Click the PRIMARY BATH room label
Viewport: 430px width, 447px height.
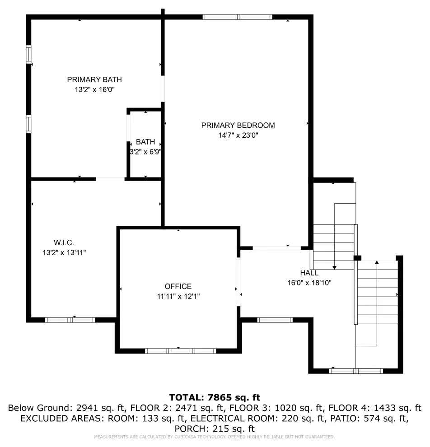[94, 79]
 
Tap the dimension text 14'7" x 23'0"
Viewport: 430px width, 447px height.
[238, 135]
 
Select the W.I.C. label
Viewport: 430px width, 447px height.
[64, 242]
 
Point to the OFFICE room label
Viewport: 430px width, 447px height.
[178, 286]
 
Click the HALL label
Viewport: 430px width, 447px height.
[309, 273]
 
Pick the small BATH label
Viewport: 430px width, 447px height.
[145, 142]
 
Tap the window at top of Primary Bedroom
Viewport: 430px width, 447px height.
[237, 17]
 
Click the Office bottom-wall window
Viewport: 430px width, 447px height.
[180, 351]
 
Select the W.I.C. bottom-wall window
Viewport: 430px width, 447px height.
[70, 320]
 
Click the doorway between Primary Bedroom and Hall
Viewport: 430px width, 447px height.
[276, 248]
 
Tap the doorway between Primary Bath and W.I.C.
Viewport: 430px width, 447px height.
[110, 179]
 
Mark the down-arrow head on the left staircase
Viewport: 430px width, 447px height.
[335, 268]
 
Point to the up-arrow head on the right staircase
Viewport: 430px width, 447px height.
[377, 262]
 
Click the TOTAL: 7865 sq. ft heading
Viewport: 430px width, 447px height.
[215, 397]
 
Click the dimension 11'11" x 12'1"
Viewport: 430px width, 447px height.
[178, 296]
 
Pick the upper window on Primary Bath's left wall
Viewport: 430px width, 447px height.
[28, 54]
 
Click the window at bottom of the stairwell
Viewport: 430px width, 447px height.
[356, 371]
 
